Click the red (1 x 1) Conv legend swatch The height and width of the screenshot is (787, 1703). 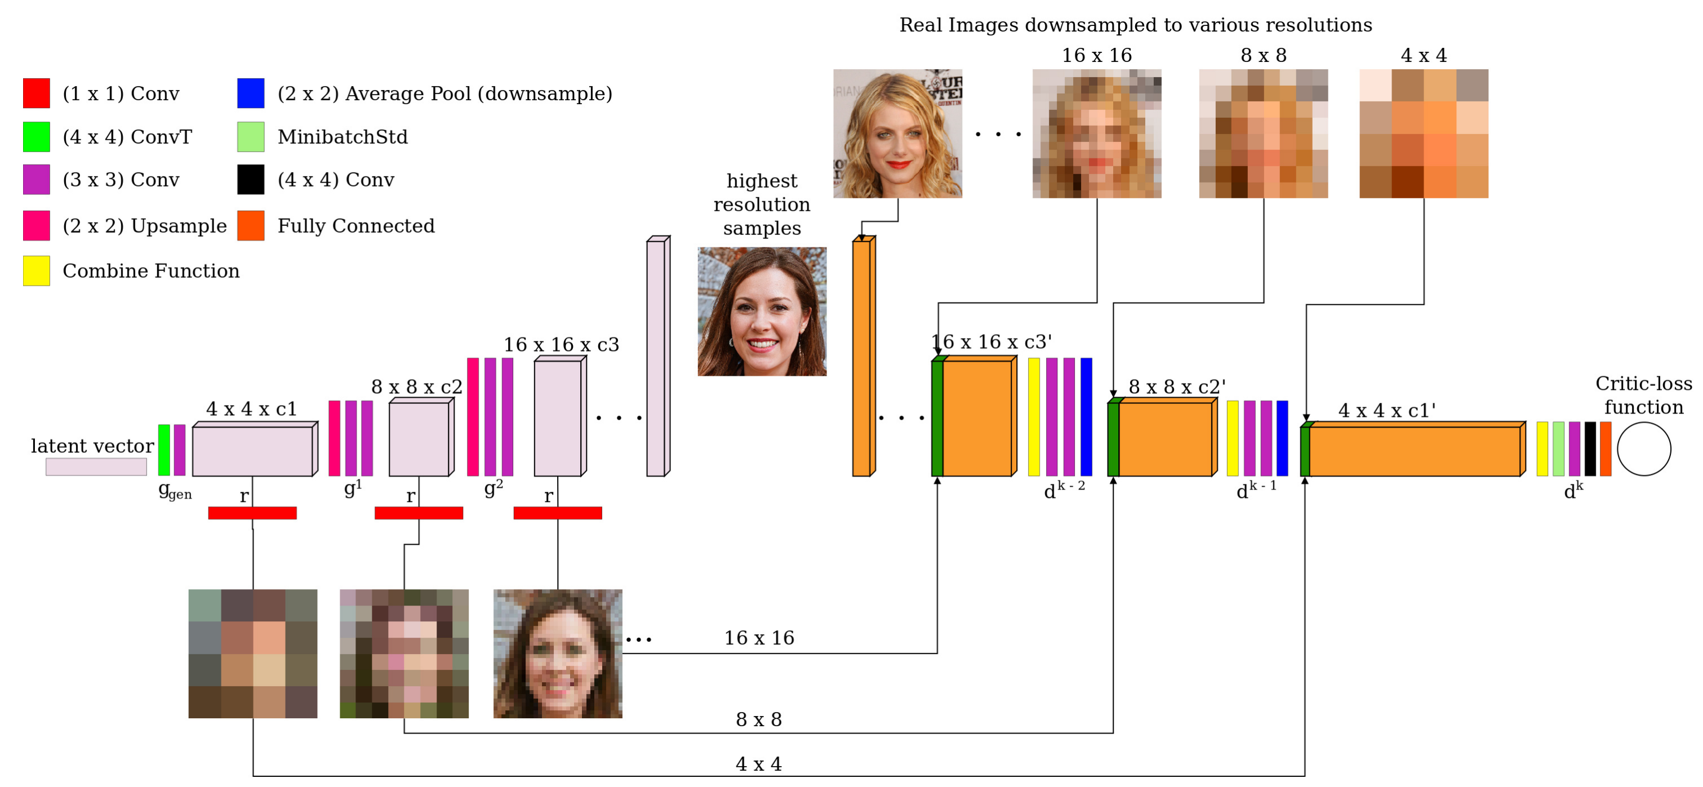pyautogui.click(x=37, y=94)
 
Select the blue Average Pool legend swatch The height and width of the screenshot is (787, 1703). pyautogui.click(x=251, y=94)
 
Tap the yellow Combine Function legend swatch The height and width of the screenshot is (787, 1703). pyautogui.click(x=37, y=270)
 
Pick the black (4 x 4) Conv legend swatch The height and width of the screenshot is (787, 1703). pyautogui.click(x=251, y=179)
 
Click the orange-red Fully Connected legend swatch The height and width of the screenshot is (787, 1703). pyautogui.click(x=251, y=225)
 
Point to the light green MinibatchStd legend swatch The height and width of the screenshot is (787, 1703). pyautogui.click(x=251, y=137)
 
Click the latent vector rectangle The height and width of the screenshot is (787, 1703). pyautogui.click(x=96, y=466)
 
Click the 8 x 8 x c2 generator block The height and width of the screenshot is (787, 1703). pyautogui.click(x=419, y=439)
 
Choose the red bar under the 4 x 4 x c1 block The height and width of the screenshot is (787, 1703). pyautogui.click(x=252, y=513)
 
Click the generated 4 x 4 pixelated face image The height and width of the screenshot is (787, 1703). pyautogui.click(x=252, y=653)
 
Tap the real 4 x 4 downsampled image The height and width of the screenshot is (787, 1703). pyautogui.click(x=1424, y=134)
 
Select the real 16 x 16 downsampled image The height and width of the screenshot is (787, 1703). pyautogui.click(x=1096, y=134)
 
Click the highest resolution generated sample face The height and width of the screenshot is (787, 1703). pyautogui.click(x=762, y=312)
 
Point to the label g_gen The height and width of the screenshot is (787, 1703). pyautogui.click(x=175, y=491)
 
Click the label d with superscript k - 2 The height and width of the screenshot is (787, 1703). pyautogui.click(x=1064, y=490)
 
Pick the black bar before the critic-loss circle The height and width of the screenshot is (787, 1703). pyautogui.click(x=1590, y=449)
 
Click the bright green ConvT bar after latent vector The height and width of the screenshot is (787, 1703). pyautogui.click(x=164, y=450)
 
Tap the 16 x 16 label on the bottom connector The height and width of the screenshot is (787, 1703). pyautogui.click(x=759, y=638)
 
